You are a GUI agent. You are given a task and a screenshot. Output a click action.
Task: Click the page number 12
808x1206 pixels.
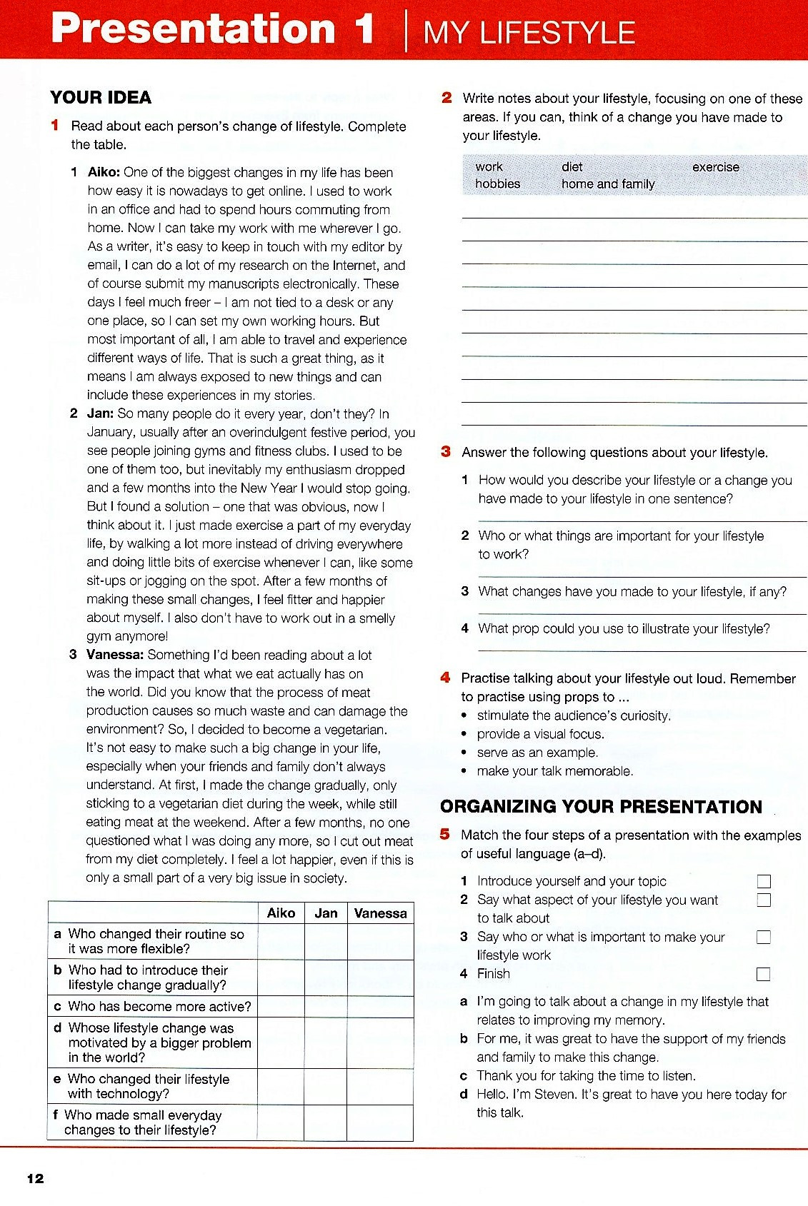click(x=35, y=1179)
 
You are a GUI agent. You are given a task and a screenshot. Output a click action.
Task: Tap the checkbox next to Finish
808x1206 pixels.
click(x=764, y=974)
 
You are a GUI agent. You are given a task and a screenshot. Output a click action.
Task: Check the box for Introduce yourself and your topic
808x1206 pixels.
click(x=764, y=882)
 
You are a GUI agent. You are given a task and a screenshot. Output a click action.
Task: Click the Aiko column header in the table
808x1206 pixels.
click(x=281, y=913)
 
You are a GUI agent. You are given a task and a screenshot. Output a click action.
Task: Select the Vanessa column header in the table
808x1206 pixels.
click(x=380, y=913)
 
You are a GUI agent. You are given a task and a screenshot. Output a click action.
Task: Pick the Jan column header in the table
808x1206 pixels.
click(x=326, y=913)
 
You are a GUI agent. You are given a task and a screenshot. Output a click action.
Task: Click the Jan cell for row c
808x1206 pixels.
click(x=326, y=1007)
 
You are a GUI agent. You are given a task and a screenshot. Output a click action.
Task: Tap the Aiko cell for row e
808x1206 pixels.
click(x=281, y=1087)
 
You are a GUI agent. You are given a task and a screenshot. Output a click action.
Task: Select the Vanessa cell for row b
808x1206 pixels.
click(x=380, y=978)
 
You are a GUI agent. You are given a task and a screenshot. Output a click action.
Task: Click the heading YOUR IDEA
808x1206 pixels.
click(x=101, y=98)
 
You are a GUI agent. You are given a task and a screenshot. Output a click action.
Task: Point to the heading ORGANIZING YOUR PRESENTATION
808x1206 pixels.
click(x=601, y=807)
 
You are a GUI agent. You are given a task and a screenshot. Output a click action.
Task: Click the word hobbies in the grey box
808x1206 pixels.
click(x=498, y=184)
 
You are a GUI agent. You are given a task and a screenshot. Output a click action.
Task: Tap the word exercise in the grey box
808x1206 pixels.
click(x=715, y=167)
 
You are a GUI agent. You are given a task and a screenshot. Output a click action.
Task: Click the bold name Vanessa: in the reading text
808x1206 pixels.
click(x=115, y=655)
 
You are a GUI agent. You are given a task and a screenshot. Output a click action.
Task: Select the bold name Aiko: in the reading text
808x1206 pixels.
click(x=104, y=172)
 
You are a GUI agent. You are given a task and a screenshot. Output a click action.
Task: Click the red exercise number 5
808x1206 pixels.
click(x=445, y=834)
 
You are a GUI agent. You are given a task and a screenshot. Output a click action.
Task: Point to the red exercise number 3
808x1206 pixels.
click(x=446, y=451)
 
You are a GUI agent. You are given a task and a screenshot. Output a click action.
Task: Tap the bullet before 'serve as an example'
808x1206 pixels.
click(x=464, y=753)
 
